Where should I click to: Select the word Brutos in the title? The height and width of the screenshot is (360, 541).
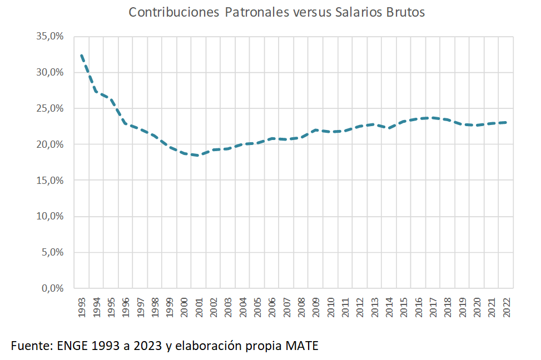point(405,12)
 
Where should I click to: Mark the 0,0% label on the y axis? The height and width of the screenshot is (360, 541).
point(53,288)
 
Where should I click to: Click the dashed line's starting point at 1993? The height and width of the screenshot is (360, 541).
point(82,56)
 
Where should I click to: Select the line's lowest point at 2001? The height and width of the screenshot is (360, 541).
point(199,156)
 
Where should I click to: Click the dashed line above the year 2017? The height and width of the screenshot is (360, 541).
point(433,118)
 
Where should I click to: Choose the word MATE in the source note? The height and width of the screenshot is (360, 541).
point(302,346)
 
